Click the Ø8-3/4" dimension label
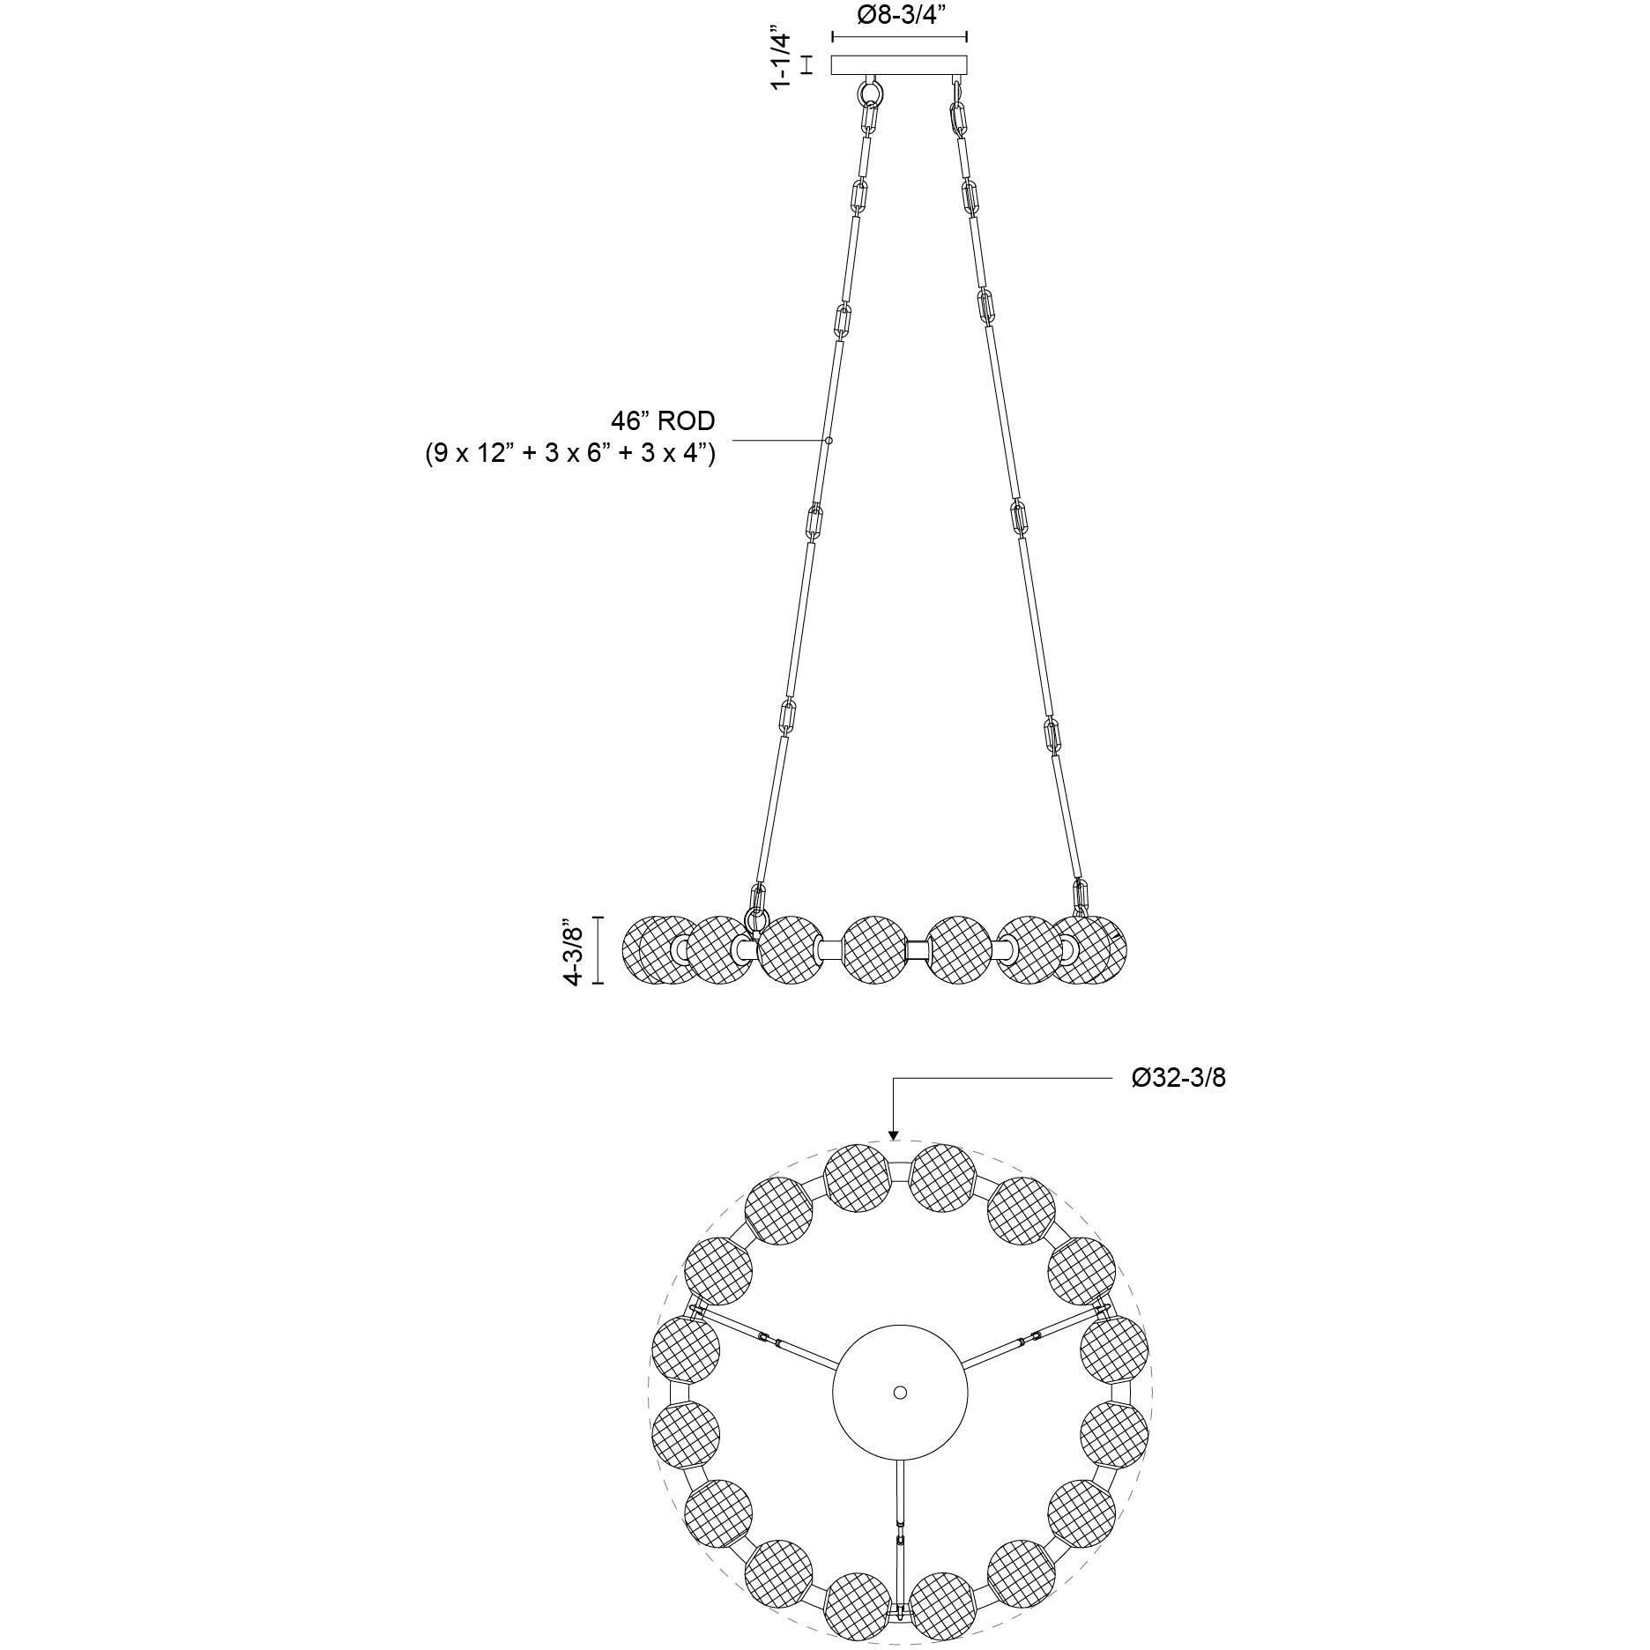[900, 16]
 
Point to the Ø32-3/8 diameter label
[1178, 1077]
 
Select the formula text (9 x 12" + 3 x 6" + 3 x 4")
[569, 455]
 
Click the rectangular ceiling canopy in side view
[900, 65]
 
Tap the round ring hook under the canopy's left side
[872, 92]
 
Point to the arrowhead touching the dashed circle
[893, 1134]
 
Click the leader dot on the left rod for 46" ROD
[829, 439]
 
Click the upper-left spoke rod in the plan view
[769, 1342]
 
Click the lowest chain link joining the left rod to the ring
[755, 901]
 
